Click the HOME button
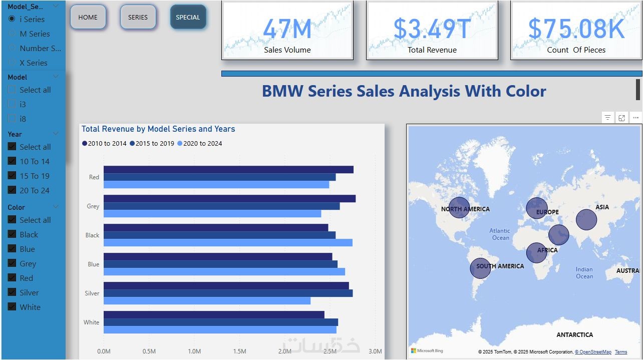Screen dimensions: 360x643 click(88, 17)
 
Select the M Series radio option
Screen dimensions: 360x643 click(12, 34)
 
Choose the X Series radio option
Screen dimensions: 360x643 click(12, 63)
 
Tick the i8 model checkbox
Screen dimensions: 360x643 click(12, 119)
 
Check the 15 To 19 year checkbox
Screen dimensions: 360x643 click(12, 176)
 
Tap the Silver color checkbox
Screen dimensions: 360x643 click(12, 292)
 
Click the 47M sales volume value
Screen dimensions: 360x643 click(287, 29)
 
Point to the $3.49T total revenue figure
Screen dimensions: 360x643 click(432, 29)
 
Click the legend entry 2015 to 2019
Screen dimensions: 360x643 click(152, 143)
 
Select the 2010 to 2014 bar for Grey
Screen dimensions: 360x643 click(229, 199)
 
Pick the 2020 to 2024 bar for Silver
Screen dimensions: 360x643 click(207, 301)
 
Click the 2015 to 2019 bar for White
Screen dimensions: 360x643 click(220, 322)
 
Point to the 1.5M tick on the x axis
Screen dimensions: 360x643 click(239, 351)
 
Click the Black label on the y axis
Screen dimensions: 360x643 click(92, 235)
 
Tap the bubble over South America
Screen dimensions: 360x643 click(480, 268)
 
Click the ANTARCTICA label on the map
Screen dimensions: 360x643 click(574, 334)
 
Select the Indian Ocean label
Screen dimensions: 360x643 click(584, 273)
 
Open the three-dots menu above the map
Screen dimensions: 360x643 click(635, 118)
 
